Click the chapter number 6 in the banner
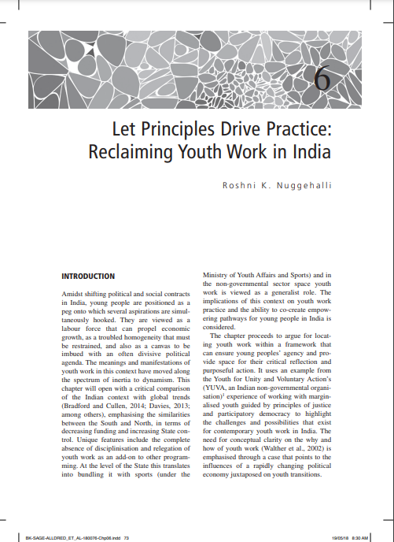(x=322, y=78)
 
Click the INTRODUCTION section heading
(x=88, y=277)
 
